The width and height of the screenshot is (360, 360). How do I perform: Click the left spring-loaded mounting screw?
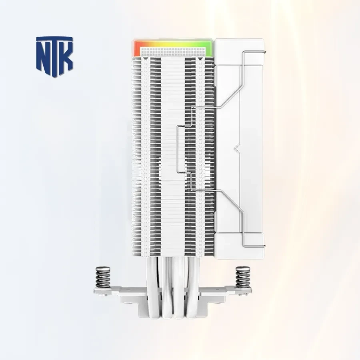[x=102, y=277]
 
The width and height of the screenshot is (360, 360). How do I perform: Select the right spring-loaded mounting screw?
[x=243, y=277]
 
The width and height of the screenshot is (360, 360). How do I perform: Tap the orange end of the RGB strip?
[x=137, y=49]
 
